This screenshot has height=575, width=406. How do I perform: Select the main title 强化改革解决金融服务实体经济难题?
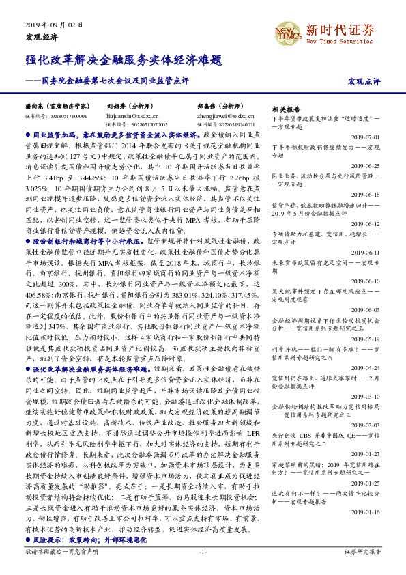tap(124, 61)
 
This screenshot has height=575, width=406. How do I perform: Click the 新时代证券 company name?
tap(340, 29)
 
